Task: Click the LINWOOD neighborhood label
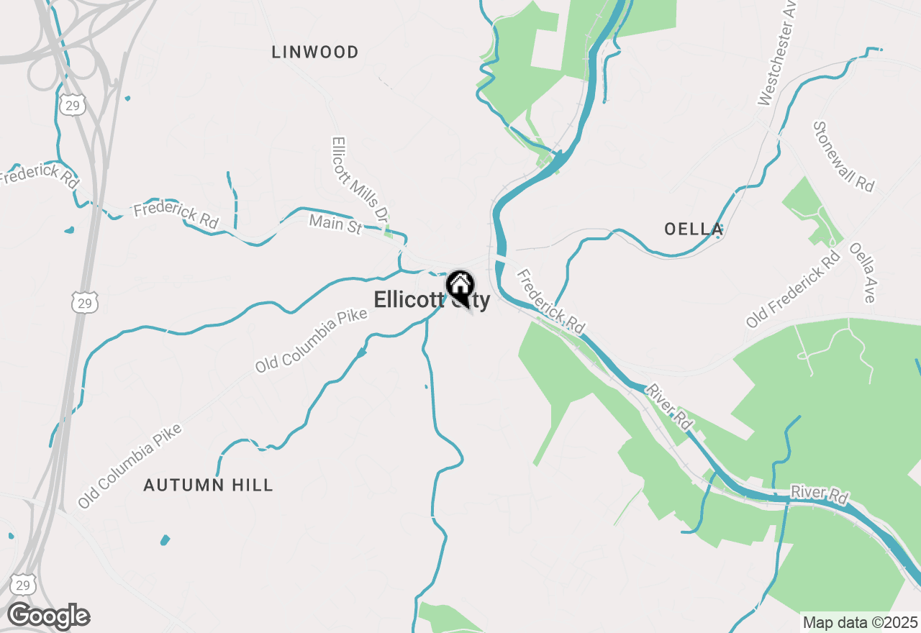[315, 52]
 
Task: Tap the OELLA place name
[694, 229]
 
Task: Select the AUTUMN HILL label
[208, 485]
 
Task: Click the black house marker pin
[460, 286]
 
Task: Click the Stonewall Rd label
[843, 156]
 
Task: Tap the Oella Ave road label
[861, 272]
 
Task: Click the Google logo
[48, 616]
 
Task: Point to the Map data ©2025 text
[860, 621]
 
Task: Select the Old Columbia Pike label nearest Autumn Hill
[130, 467]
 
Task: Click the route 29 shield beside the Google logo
[23, 584]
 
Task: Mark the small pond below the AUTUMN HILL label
[165, 539]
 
